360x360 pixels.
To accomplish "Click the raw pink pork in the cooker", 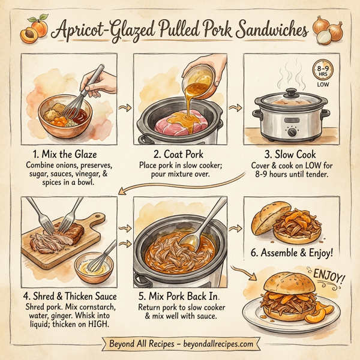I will [x=174, y=124].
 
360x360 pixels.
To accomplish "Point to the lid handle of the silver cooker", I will [x=290, y=93].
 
